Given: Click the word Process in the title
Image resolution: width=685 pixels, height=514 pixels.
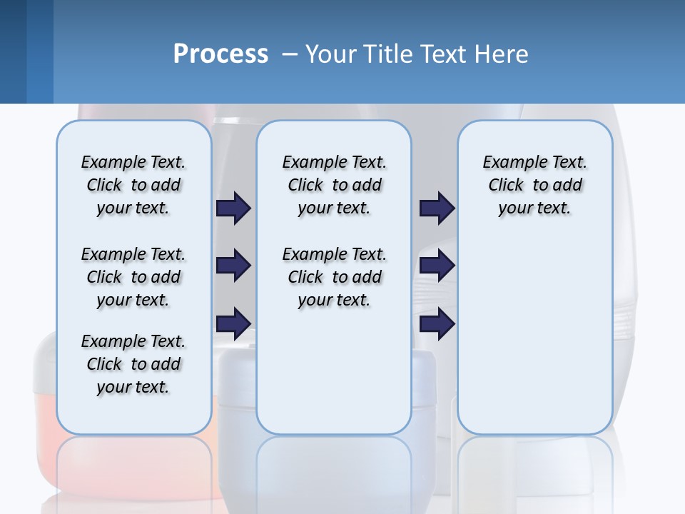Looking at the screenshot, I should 220,54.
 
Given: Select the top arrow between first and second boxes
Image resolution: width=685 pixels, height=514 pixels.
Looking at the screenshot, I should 233,208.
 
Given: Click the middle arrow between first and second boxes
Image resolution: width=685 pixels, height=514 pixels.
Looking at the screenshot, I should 233,266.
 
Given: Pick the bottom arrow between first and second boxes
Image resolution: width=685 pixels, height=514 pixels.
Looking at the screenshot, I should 233,323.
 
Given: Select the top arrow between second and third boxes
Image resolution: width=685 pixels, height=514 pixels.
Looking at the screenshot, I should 437,208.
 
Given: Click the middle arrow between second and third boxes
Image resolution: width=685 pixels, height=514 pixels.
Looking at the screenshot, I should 437,266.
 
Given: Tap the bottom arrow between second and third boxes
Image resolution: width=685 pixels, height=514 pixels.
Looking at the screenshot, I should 437,323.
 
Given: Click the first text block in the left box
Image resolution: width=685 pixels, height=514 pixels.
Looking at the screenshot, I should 133,185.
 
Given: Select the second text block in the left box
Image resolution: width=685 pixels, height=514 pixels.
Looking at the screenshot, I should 133,277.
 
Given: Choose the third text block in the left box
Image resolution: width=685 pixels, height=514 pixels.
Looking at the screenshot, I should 133,364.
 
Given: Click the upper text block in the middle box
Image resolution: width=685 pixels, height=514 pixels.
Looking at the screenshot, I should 334,185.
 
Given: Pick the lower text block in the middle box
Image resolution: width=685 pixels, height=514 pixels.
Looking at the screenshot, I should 334,277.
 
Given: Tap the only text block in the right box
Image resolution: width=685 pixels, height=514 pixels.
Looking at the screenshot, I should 534,185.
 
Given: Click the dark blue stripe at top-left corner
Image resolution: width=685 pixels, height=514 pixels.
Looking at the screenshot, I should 13,51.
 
